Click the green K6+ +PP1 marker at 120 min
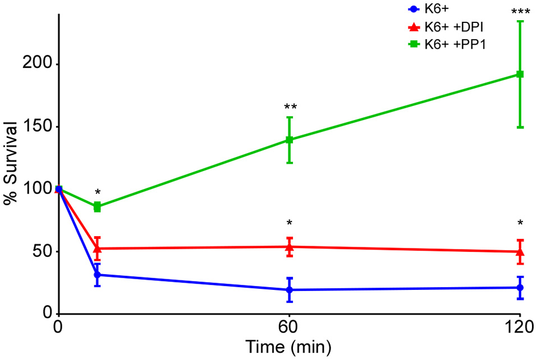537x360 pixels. tap(520, 74)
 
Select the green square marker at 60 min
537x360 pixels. tap(290, 140)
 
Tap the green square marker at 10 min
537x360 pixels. tap(97, 207)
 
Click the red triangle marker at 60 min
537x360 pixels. tap(290, 246)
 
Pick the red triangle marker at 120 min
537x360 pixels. tap(520, 251)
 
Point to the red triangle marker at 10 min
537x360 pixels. tap(97, 248)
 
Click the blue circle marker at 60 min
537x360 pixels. tap(290, 290)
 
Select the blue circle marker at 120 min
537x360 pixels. tap(520, 288)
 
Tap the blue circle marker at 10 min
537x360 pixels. tap(97, 275)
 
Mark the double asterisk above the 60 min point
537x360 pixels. tap(290, 107)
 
